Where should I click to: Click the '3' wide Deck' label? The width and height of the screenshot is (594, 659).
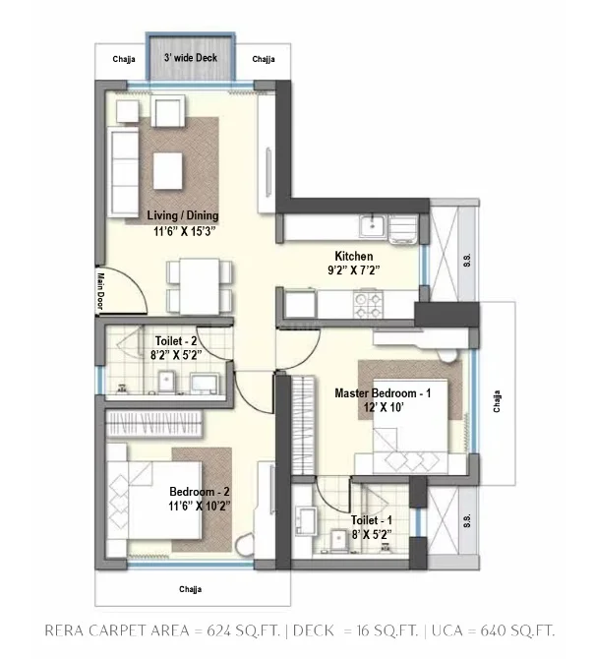pos(191,58)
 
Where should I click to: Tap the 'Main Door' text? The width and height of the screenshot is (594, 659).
pos(100,291)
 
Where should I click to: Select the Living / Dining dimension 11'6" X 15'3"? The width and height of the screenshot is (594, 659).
pos(185,231)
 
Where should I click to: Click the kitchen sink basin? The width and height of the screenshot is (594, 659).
pos(372,226)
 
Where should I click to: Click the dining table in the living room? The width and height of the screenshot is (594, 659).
pos(200,286)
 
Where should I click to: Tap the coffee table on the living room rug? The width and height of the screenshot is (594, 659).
pos(167,170)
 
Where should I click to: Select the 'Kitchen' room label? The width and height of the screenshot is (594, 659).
pos(354,256)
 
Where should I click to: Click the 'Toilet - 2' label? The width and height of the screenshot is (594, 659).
pos(176,341)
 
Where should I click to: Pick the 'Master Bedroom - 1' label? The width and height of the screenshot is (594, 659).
pos(383,393)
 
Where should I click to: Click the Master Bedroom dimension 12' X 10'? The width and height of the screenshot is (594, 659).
pos(384,407)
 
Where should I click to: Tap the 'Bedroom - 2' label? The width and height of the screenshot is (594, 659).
pos(200,492)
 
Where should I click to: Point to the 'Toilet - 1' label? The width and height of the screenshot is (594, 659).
pos(372,520)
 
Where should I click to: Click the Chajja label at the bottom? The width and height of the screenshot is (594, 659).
pos(191,589)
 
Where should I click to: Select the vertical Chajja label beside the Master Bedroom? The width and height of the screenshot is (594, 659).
pos(497,401)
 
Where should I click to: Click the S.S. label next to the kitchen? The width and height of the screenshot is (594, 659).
pos(467,260)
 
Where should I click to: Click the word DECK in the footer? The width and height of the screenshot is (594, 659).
pos(314,630)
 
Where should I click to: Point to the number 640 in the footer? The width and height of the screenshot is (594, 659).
pos(494,630)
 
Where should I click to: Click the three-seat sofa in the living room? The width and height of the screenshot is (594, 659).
pos(123,172)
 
